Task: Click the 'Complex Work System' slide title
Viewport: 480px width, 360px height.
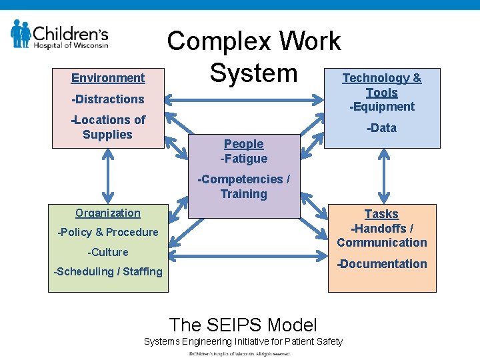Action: coord(253,57)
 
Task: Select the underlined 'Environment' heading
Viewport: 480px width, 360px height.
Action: coord(108,78)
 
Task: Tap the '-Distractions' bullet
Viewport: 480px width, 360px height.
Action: coord(108,99)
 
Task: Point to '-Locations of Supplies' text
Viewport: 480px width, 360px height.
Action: coord(108,127)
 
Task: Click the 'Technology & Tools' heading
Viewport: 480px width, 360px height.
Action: coord(382,85)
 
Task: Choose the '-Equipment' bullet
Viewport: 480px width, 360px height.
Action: coord(382,107)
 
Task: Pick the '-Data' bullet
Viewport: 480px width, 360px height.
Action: coord(382,127)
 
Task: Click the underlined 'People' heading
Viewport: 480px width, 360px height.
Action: coord(244,143)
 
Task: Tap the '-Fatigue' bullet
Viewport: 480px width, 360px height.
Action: coord(244,159)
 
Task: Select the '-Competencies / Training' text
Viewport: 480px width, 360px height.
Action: coord(244,187)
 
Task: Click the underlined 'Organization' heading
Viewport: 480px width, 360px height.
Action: coord(108,213)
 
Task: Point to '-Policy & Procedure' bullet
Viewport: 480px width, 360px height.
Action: coord(108,232)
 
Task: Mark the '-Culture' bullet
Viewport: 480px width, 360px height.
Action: coord(108,252)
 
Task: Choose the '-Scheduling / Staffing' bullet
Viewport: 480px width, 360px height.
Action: coord(108,271)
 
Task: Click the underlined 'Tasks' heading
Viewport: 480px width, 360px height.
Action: coord(382,214)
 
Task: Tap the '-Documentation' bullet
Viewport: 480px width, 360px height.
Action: coord(382,263)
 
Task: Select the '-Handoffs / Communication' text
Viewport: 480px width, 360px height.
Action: coord(382,235)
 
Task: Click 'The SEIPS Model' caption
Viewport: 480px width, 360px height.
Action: coord(243,325)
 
